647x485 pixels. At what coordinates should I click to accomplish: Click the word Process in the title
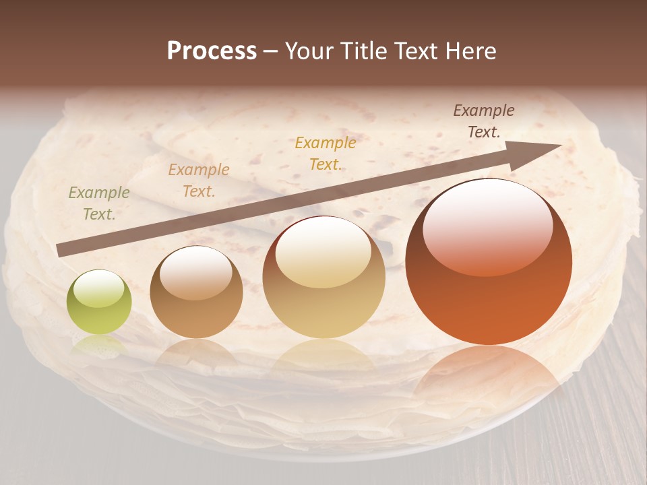click(x=212, y=51)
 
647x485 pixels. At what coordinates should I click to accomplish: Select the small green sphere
click(x=99, y=302)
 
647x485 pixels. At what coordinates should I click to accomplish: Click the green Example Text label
click(x=99, y=203)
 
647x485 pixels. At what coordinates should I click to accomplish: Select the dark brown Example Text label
click(x=484, y=121)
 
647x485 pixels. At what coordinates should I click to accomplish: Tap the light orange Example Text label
click(x=199, y=180)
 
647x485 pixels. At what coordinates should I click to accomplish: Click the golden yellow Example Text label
click(x=326, y=153)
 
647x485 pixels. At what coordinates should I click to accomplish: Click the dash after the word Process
click(x=270, y=51)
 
